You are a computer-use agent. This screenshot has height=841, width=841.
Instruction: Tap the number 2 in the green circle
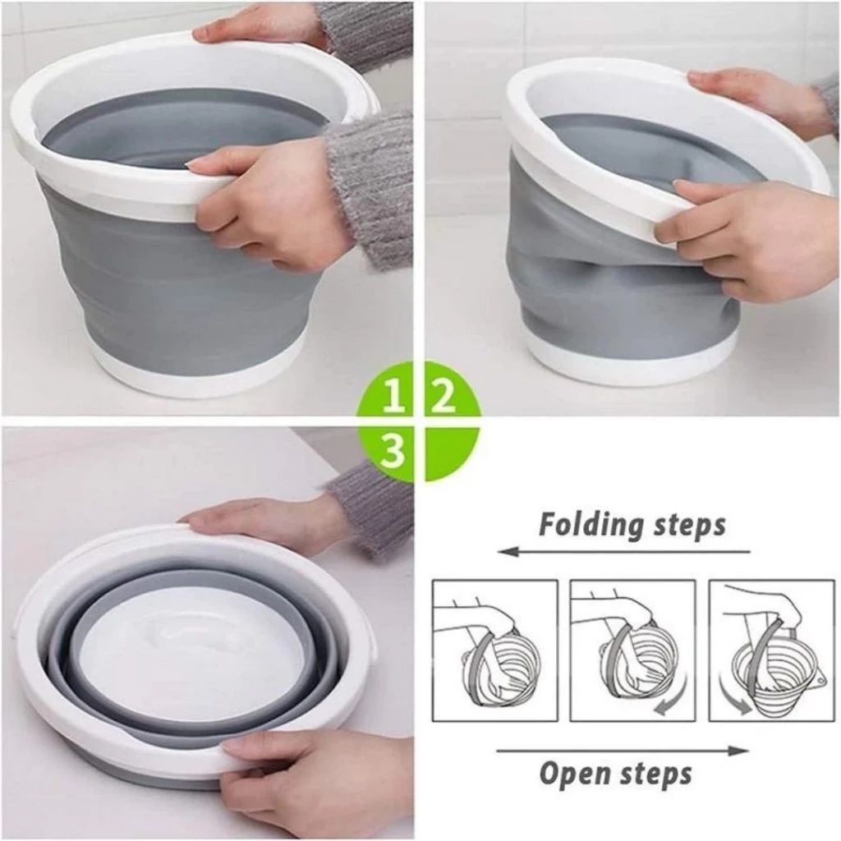click(444, 397)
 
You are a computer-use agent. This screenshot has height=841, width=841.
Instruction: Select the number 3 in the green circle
click(393, 451)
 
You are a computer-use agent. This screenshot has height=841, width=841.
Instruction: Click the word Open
click(576, 773)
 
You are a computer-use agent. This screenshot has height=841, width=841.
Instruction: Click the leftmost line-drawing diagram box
click(494, 650)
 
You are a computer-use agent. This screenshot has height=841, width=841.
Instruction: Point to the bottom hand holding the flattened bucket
click(312, 776)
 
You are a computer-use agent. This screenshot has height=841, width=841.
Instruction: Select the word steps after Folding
click(687, 524)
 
